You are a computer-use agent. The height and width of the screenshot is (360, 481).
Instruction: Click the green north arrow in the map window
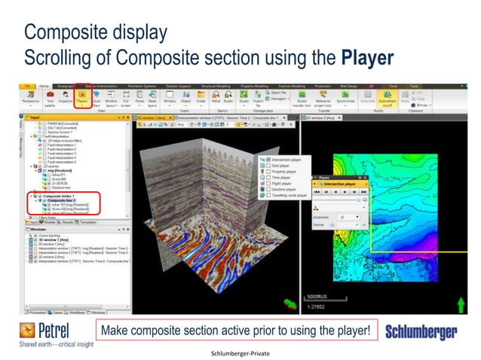[461, 304]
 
